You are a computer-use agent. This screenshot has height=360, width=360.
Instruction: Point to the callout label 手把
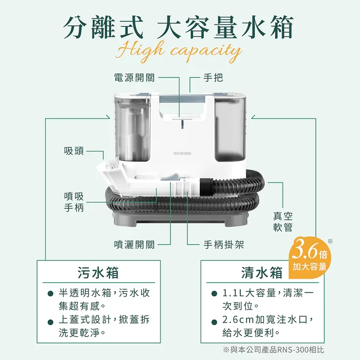(213, 77)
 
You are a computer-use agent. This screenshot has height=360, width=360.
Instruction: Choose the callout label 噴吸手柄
(74, 201)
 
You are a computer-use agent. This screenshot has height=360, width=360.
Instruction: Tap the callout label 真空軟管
(283, 221)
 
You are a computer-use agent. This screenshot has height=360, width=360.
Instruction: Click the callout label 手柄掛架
(223, 245)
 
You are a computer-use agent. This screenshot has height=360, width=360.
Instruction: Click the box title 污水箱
(99, 272)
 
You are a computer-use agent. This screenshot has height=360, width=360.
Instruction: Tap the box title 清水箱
(262, 272)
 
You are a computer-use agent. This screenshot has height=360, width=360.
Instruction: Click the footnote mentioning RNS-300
(273, 349)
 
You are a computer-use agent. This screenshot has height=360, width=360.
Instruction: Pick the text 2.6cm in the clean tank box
(238, 321)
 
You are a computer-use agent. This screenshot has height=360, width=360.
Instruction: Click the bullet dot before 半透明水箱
(50, 294)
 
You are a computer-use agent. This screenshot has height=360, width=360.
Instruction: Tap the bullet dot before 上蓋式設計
(50, 321)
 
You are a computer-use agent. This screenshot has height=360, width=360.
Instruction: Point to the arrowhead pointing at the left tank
(107, 117)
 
